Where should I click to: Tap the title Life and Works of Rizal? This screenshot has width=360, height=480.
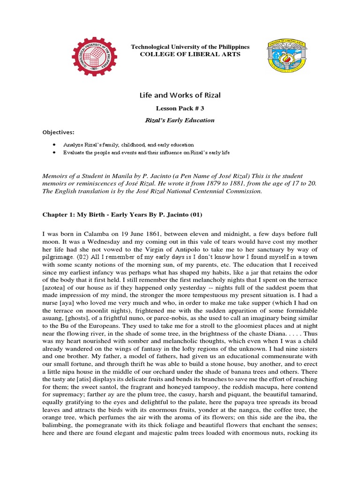(x=180, y=95)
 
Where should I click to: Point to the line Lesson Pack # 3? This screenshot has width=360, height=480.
(x=180, y=108)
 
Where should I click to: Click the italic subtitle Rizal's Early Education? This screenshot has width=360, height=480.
(x=180, y=120)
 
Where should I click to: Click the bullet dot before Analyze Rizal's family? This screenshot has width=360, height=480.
(x=55, y=145)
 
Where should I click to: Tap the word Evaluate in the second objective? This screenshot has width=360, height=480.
(x=79, y=153)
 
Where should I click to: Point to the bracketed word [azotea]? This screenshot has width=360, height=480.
(x=58, y=289)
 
